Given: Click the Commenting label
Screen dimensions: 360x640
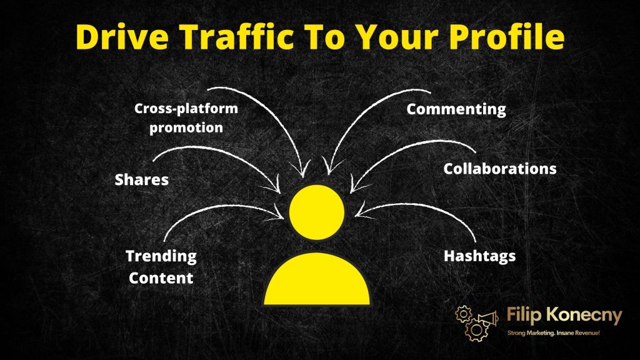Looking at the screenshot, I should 456,109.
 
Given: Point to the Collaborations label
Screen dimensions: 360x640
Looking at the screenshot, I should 499,169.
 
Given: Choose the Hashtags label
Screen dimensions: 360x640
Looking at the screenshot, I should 479,256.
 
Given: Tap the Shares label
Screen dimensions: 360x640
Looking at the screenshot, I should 142,180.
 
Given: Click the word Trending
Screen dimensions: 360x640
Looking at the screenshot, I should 161,256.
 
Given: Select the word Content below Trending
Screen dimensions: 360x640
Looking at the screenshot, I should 161,277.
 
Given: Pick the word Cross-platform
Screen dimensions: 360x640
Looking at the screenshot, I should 186,109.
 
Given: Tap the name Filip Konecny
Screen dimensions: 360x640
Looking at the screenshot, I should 555,316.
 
